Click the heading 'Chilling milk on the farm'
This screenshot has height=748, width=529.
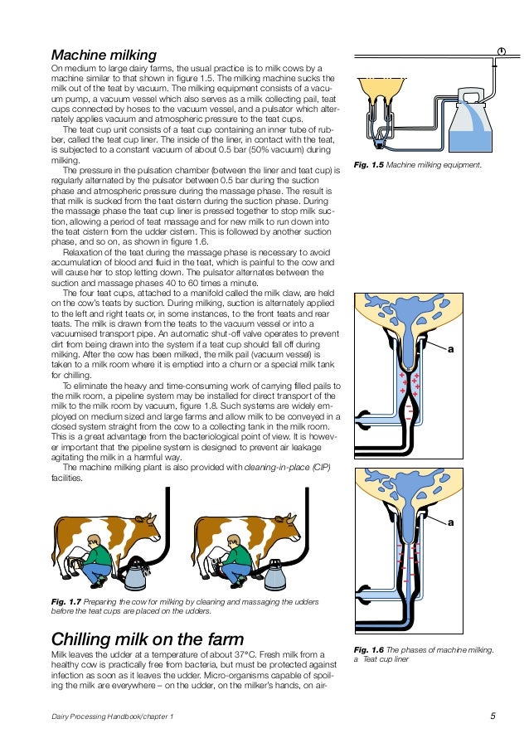[x=148, y=639]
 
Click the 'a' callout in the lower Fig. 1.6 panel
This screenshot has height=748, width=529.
[x=451, y=523]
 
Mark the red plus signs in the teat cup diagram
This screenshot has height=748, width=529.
[x=409, y=383]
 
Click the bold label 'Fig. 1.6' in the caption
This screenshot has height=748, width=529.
[x=369, y=649]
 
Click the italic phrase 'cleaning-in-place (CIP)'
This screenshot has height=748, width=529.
[x=286, y=467]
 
